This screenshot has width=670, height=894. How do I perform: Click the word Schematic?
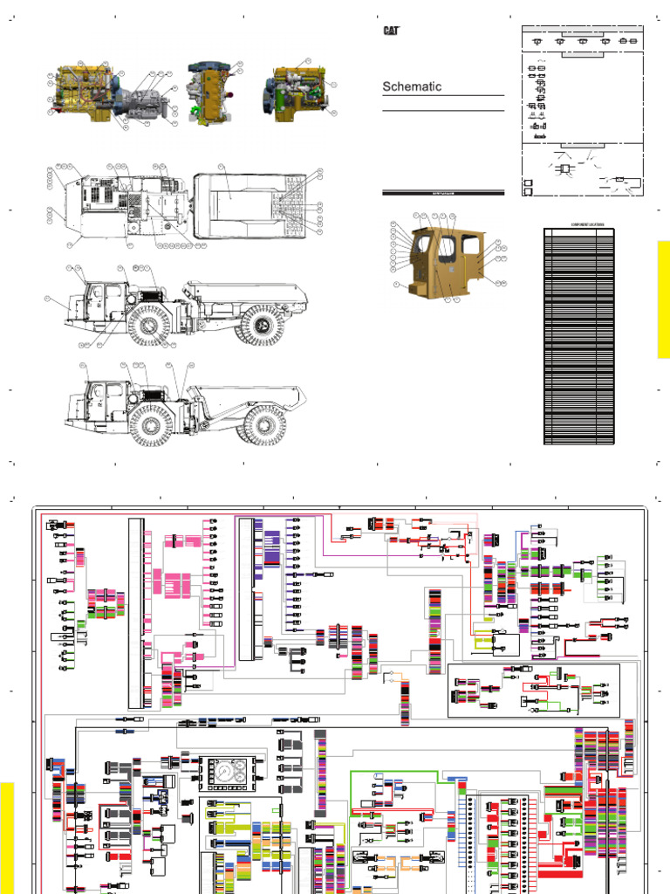tap(412, 86)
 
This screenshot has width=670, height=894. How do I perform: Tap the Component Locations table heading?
tap(579, 224)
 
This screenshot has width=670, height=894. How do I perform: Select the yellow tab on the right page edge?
tap(663, 299)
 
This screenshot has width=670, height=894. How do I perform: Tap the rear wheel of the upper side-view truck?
tap(261, 325)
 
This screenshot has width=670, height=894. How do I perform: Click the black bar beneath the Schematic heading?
tap(443, 191)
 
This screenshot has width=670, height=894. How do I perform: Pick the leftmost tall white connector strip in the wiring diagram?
tap(134, 611)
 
